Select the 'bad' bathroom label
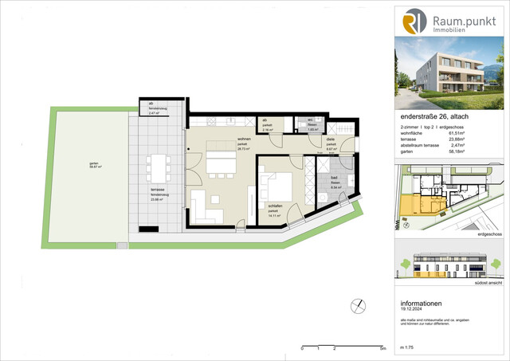point(324,179)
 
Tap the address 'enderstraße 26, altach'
point(435,118)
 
